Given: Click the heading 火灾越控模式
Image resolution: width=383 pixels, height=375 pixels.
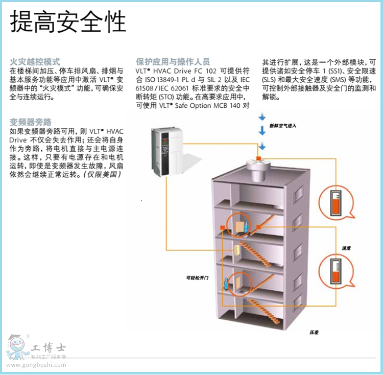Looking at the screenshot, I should tap(35, 61).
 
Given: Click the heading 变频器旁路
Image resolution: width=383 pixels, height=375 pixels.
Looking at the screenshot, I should tap(31, 122).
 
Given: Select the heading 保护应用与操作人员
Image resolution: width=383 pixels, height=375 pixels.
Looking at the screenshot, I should tap(173, 61).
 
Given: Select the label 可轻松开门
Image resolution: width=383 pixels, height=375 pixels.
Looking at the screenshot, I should tap(198, 278).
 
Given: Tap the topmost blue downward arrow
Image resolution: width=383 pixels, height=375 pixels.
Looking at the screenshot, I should tap(262, 117).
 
